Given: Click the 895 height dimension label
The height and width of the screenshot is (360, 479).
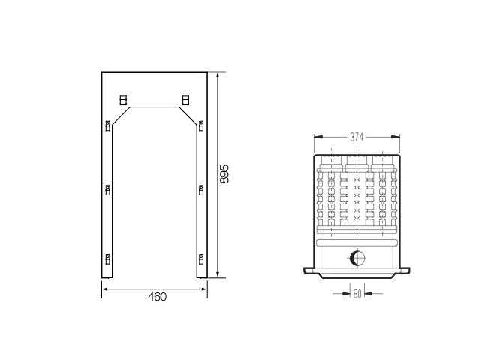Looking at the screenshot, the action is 224,174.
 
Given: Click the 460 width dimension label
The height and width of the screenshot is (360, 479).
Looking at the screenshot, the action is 158,297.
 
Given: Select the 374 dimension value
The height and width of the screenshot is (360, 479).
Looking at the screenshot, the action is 357,138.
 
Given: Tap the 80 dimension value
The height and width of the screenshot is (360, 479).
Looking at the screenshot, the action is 357,294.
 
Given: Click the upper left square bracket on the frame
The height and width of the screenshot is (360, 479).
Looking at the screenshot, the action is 123,100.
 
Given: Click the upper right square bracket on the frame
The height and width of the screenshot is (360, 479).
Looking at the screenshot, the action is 185,100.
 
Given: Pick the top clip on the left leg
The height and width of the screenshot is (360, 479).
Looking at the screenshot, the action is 108,126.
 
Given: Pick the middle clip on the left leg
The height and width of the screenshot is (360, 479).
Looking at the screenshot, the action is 108,190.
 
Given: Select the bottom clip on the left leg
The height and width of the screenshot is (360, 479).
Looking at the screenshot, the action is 108,259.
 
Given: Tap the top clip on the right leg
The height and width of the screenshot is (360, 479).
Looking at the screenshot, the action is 201,126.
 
